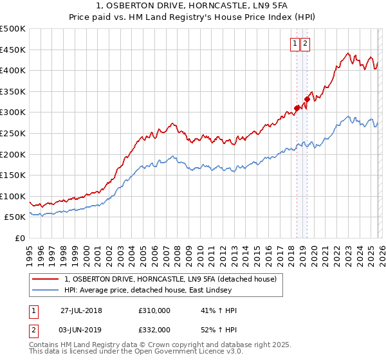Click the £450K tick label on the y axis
pyautogui.click(x=13, y=50)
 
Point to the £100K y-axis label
pyautogui.click(x=13, y=196)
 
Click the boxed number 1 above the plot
pyautogui.click(x=295, y=44)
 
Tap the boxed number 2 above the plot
pyautogui.click(x=305, y=44)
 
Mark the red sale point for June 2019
pyautogui.click(x=307, y=99)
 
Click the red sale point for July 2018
pyautogui.click(x=297, y=108)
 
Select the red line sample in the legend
pyautogui.click(x=46, y=279)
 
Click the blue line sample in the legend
pyautogui.click(x=46, y=291)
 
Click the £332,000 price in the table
pyautogui.click(x=154, y=329)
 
